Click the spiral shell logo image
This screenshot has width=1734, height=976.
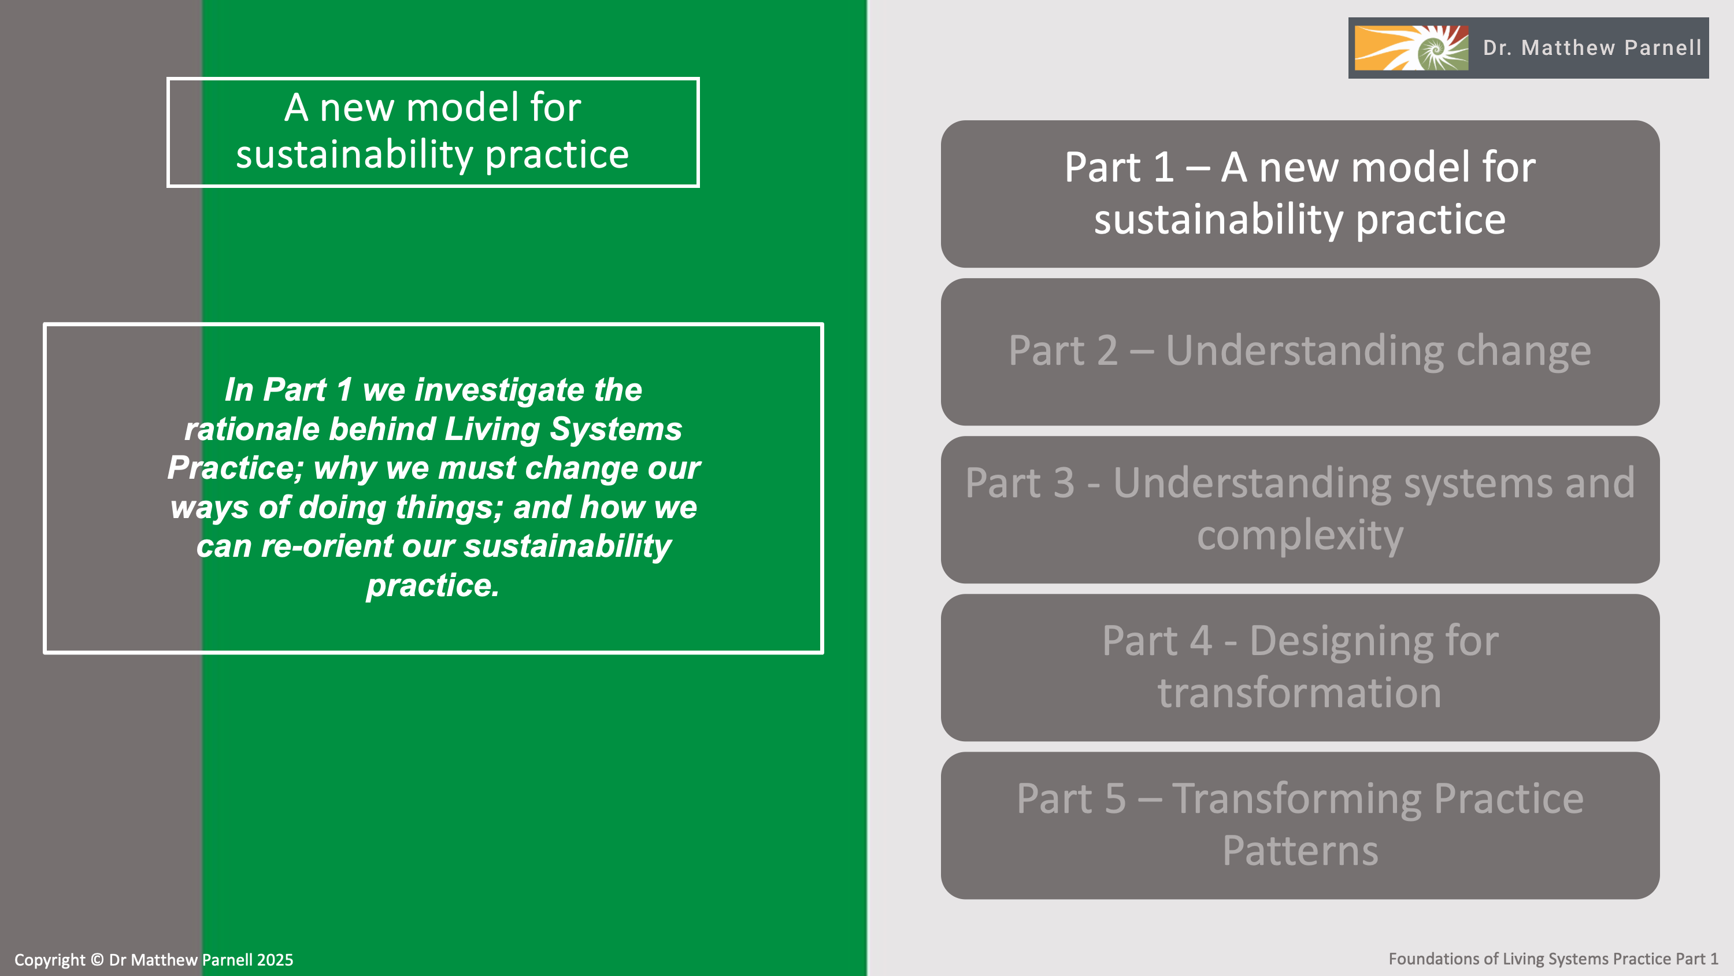(1411, 48)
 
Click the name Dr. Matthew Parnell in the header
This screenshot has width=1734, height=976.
(1592, 48)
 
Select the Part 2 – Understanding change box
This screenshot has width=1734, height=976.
(1300, 351)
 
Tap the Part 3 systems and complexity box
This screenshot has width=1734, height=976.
(1300, 509)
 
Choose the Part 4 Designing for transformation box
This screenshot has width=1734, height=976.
(1300, 667)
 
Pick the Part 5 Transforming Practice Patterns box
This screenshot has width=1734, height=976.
(1300, 825)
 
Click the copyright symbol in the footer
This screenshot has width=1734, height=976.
(97, 960)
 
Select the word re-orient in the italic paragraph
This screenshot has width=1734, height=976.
(327, 546)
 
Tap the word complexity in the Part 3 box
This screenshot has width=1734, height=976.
(1300, 535)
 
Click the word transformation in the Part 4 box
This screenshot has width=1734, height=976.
(1300, 693)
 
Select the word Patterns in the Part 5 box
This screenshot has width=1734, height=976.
(1300, 851)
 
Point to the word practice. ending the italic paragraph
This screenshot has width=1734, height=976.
(433, 585)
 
